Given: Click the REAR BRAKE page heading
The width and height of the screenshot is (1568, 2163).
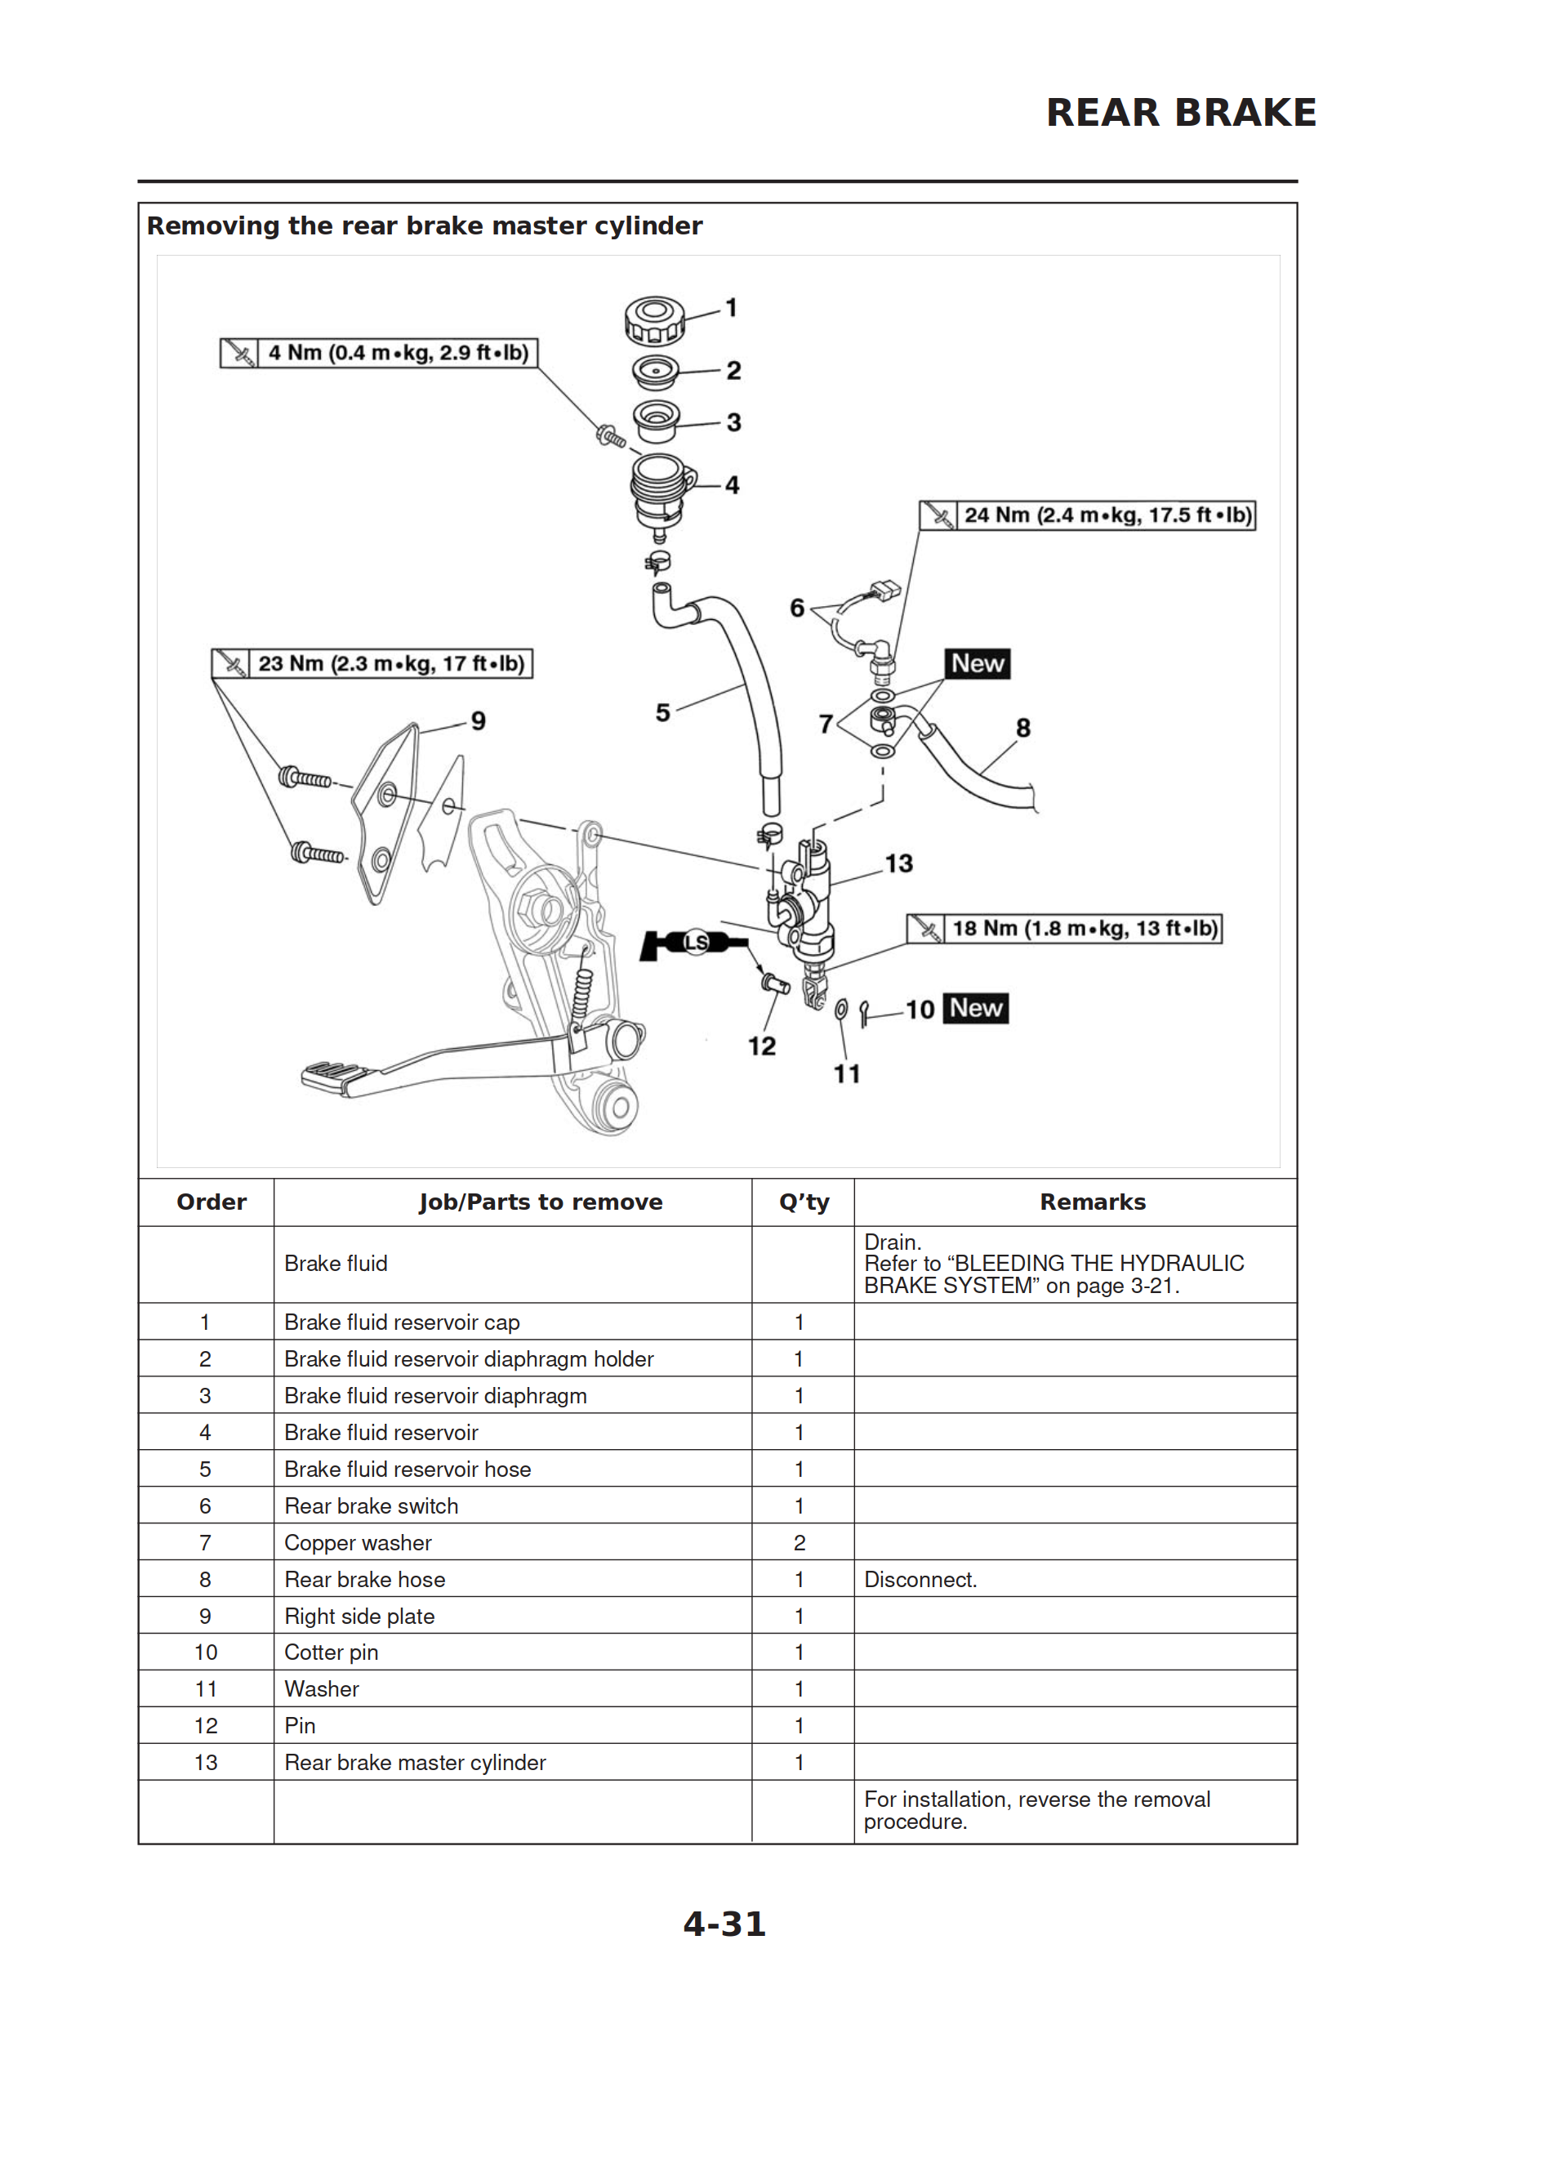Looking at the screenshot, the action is pyautogui.click(x=1180, y=113).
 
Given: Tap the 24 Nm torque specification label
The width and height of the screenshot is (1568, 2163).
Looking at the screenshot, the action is pyautogui.click(x=1086, y=515).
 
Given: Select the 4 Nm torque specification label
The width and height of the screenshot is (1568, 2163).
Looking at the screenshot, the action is pyautogui.click(x=379, y=353).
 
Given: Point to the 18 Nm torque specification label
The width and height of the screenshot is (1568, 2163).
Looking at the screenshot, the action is pyautogui.click(x=1063, y=928).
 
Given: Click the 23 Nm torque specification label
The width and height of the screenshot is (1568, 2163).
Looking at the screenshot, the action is pyautogui.click(x=372, y=664).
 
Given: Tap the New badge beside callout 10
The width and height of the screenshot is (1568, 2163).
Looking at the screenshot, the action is pyautogui.click(x=975, y=1008).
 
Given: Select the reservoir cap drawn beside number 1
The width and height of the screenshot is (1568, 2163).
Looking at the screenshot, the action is pyautogui.click(x=654, y=319).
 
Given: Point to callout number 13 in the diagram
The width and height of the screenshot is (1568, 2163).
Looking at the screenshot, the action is pyautogui.click(x=898, y=863).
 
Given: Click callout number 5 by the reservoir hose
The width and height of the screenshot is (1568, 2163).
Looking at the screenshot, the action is pyautogui.click(x=662, y=712).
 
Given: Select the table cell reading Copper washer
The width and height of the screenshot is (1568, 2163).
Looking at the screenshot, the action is pyautogui.click(x=358, y=1542).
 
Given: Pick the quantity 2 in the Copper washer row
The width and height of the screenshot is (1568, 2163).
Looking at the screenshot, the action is pyautogui.click(x=800, y=1542).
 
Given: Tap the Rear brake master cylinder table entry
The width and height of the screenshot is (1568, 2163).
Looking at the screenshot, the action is pyautogui.click(x=415, y=1763).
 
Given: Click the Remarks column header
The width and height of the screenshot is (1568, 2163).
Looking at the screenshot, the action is pyautogui.click(x=1092, y=1202).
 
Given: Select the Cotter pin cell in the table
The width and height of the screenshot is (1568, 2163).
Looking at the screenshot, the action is pyautogui.click(x=331, y=1652).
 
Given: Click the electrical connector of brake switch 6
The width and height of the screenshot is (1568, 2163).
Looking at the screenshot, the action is pyautogui.click(x=885, y=590).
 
